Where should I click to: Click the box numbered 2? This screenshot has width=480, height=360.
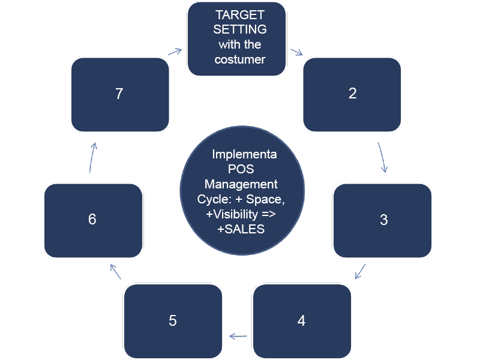[352, 94]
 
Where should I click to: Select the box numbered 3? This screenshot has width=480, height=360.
[383, 220]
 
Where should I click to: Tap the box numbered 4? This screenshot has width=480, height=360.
[302, 321]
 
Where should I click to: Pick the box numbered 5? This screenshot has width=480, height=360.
[173, 321]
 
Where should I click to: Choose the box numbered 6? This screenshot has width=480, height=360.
[93, 220]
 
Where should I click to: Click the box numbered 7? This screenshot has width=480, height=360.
[119, 94]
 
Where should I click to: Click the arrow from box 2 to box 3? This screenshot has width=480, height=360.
[382, 157]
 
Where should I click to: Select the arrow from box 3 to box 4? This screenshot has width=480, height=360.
[361, 271]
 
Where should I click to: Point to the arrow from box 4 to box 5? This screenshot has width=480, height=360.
[238, 336]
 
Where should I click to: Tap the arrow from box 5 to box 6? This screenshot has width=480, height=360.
[115, 272]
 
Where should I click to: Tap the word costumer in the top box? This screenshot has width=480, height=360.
[240, 59]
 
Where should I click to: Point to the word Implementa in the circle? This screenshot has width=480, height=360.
[244, 154]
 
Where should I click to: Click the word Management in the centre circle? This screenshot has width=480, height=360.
[241, 184]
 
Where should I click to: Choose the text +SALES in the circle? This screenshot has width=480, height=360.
[241, 229]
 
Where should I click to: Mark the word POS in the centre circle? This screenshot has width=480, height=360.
[241, 169]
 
